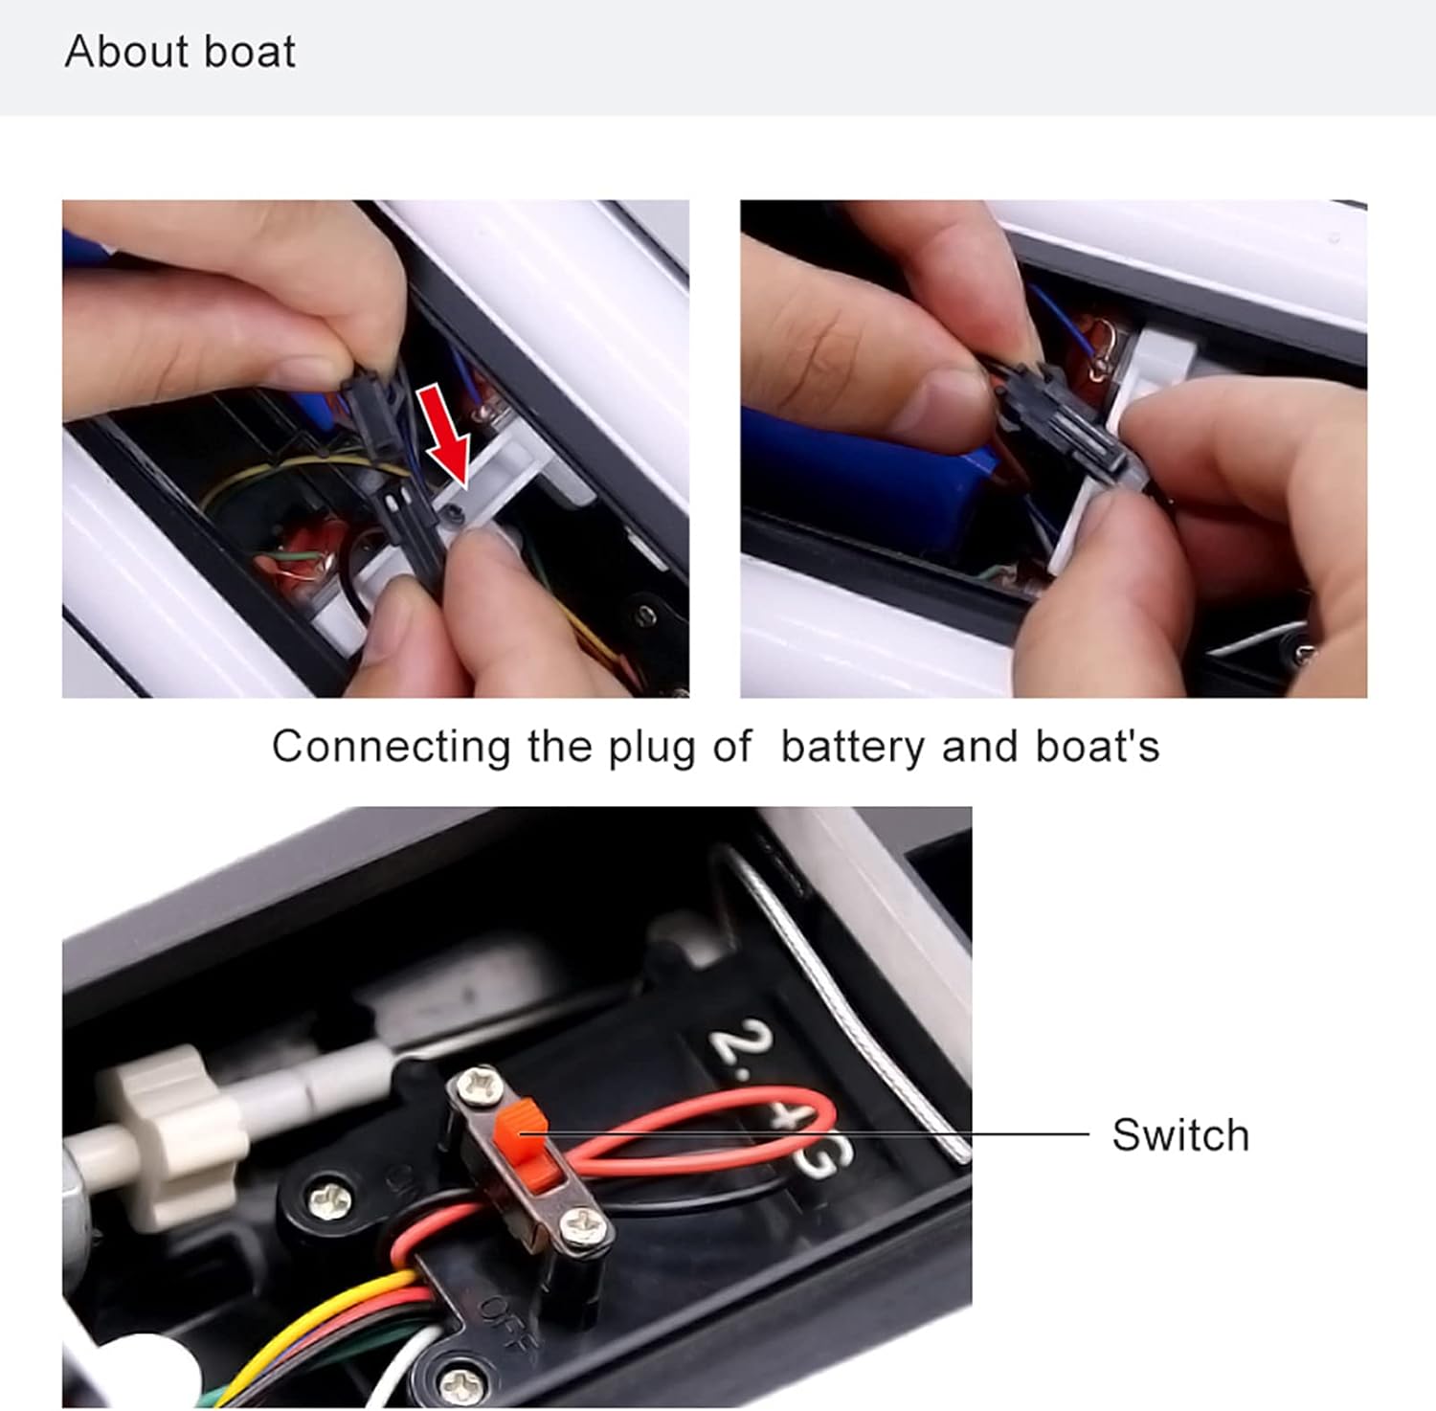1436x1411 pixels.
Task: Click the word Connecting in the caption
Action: [x=391, y=748]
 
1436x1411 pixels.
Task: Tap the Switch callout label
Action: [x=1180, y=1136]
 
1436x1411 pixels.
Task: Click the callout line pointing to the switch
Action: [x=804, y=1134]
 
